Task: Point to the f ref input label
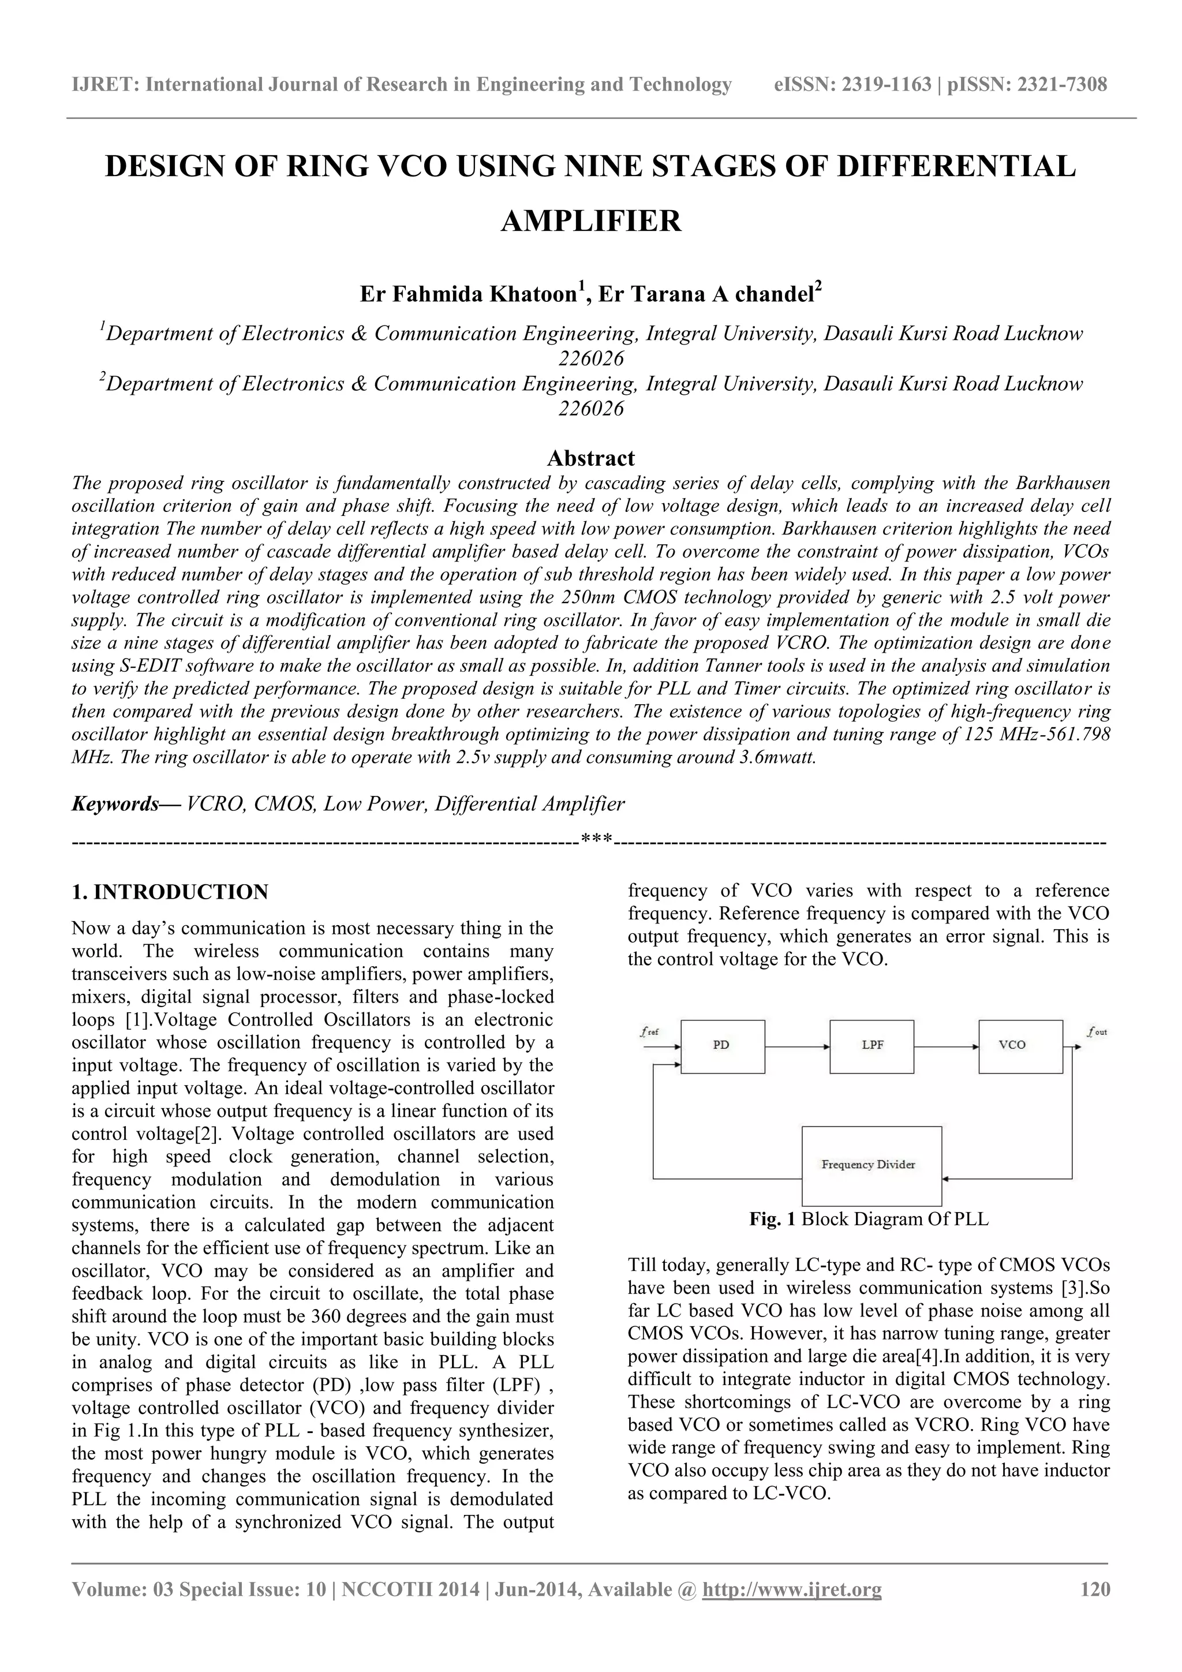click(x=649, y=1031)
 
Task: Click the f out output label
click(x=1096, y=1031)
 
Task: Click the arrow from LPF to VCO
click(x=946, y=1047)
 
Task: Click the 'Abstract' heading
click(x=590, y=458)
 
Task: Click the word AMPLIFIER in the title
click(x=590, y=220)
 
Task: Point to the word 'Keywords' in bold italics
click(x=115, y=803)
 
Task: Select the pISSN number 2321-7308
click(x=1060, y=84)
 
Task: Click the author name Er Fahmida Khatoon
click(x=468, y=295)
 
